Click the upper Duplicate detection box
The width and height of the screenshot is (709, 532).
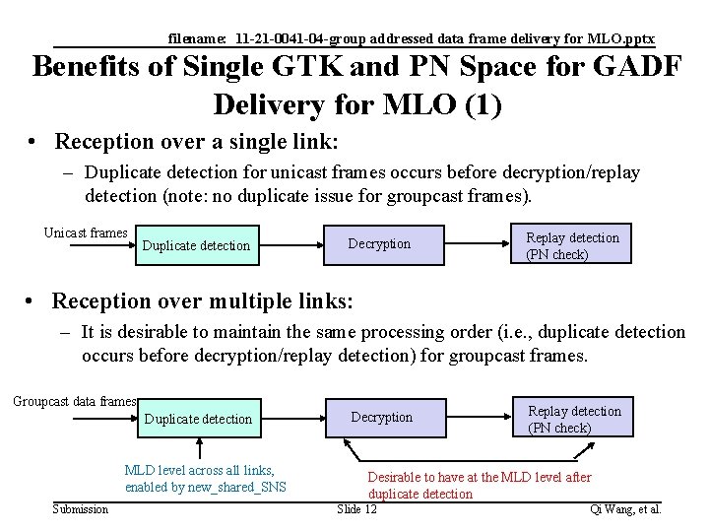pos(197,245)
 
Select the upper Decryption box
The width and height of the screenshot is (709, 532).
pos(380,244)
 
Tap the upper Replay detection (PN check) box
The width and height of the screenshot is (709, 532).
pos(573,245)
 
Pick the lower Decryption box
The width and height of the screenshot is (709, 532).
pos(382,418)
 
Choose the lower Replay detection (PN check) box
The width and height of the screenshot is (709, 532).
pos(575,419)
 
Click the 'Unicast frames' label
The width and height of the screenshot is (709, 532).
pos(86,233)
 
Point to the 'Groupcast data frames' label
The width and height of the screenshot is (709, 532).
pos(75,401)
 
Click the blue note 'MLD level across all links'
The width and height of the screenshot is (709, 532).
pos(199,470)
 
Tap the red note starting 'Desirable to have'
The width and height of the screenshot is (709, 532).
pos(479,477)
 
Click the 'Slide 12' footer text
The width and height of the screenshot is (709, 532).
pos(356,509)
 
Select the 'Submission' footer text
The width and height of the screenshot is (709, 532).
pos(81,509)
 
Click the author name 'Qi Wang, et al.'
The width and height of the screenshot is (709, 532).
pos(624,509)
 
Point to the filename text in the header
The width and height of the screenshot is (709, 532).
pos(411,38)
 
